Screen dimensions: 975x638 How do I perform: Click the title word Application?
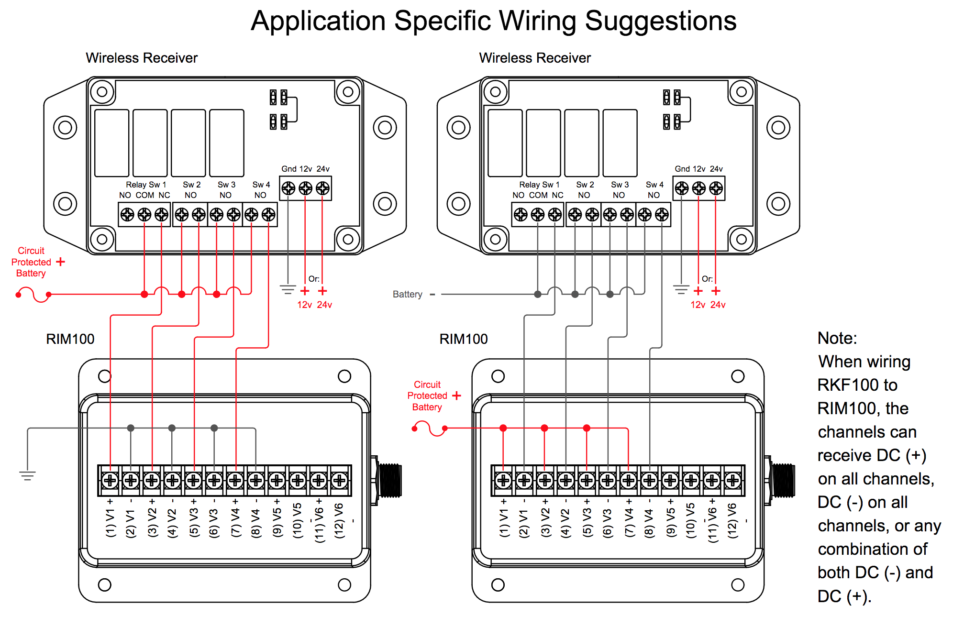point(318,22)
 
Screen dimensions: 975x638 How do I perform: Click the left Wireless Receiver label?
point(142,58)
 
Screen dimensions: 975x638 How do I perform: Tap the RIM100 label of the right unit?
point(464,339)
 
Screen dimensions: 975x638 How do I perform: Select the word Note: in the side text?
point(837,338)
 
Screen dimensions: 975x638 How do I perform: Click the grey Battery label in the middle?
point(408,294)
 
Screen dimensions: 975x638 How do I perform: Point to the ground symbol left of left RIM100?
point(27,476)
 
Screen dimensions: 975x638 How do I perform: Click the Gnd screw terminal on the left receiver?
point(288,188)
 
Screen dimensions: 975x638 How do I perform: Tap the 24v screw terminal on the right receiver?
point(716,188)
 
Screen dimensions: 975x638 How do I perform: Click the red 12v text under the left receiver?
point(305,305)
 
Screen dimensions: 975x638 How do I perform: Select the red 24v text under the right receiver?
point(718,305)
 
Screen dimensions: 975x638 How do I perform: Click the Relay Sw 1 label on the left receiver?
point(146,185)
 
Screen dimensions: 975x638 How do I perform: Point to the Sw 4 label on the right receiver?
point(654,185)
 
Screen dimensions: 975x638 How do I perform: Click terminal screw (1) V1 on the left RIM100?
point(110,480)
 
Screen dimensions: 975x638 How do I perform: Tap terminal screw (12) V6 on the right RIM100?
point(732,480)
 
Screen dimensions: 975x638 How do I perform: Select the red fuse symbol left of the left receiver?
point(33,295)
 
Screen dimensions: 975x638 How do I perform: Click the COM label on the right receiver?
point(538,195)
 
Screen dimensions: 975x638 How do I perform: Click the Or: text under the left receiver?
point(314,279)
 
